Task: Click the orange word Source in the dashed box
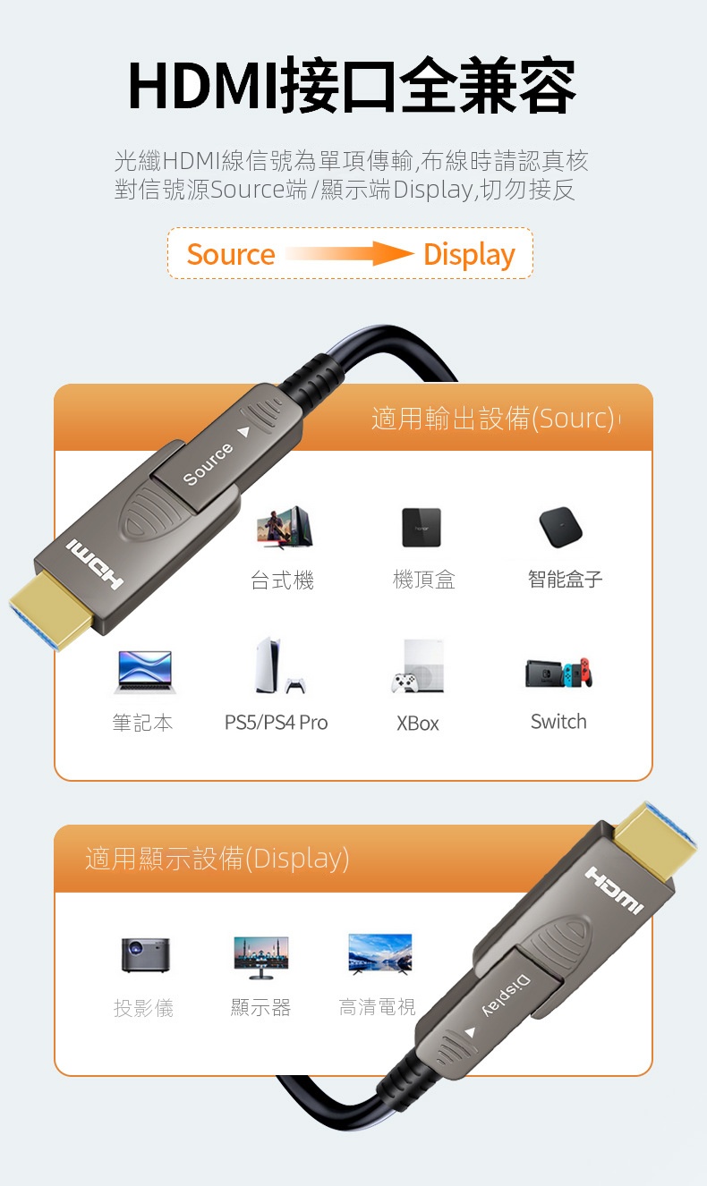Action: [231, 254]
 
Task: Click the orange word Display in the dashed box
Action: [469, 255]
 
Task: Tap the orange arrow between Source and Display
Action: [350, 254]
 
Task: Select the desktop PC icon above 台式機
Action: [285, 527]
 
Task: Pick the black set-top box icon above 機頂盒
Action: [421, 528]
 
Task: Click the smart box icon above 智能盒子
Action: [560, 528]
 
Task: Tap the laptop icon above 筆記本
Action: [145, 672]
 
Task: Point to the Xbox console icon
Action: [417, 666]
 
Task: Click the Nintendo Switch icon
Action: [558, 673]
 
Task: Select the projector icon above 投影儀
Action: [145, 955]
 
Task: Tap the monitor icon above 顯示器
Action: [261, 957]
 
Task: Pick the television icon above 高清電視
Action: [379, 954]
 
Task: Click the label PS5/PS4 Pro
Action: [276, 722]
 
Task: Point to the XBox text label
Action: [418, 724]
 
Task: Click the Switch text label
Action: [558, 722]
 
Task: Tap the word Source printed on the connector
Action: [208, 464]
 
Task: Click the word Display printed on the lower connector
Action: [506, 995]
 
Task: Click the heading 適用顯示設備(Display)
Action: [217, 859]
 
